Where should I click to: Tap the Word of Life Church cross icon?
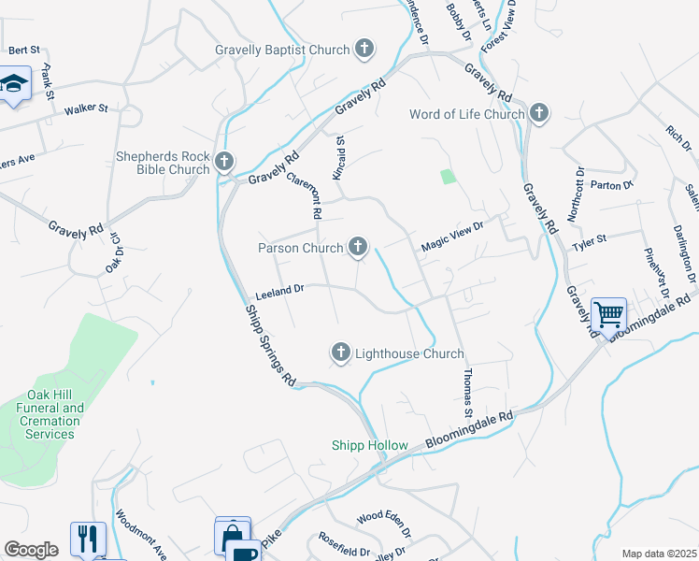(x=538, y=114)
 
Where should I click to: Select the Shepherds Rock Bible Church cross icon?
(x=224, y=162)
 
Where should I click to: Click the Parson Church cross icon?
(x=357, y=248)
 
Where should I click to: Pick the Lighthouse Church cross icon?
(x=341, y=352)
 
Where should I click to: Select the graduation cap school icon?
(x=14, y=84)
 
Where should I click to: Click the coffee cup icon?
(x=244, y=552)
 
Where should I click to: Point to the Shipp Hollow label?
(x=370, y=445)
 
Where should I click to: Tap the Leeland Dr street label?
(x=279, y=291)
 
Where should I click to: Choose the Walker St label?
(x=86, y=109)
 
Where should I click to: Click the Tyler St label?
(x=589, y=240)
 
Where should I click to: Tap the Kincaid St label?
(x=340, y=160)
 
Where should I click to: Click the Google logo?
(x=31, y=550)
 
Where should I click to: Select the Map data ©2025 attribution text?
(x=658, y=554)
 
